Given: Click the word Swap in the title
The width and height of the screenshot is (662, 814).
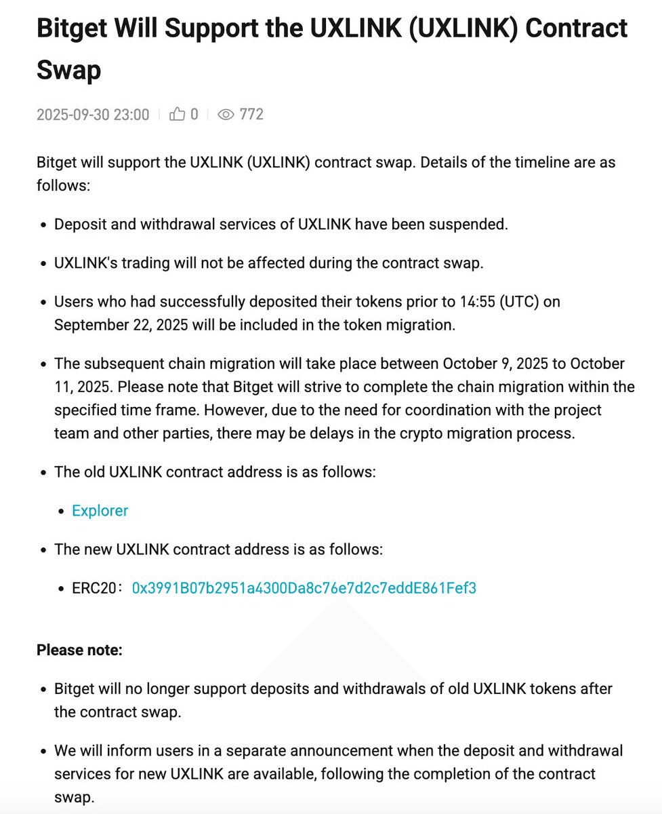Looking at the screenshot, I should click(x=68, y=69).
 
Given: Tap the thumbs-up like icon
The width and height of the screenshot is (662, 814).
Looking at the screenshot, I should click(x=178, y=114).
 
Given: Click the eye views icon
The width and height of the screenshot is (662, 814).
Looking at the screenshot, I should click(x=226, y=114).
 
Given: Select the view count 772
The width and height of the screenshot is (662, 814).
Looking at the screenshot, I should click(x=251, y=114).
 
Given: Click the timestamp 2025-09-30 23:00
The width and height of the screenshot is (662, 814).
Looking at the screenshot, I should click(x=93, y=114).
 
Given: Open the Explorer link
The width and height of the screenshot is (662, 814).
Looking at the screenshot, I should click(x=100, y=510).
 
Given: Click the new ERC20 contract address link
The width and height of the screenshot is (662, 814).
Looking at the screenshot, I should click(x=304, y=587).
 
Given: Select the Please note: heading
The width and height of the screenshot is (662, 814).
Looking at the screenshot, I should click(x=79, y=650).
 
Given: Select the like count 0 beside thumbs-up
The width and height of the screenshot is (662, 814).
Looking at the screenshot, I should click(x=194, y=114).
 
